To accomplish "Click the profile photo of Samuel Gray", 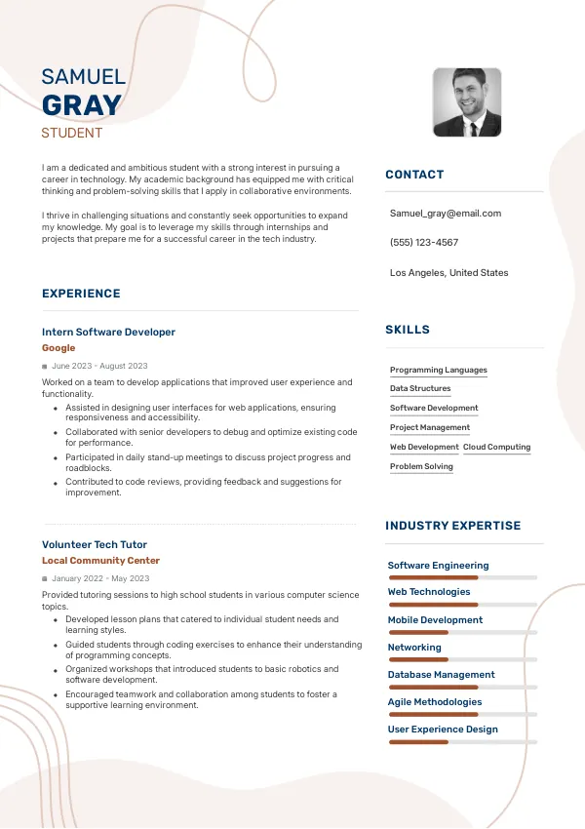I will click(467, 102).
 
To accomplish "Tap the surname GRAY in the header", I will click(82, 105).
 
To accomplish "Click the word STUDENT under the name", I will click(71, 133).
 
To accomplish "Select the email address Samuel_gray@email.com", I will click(445, 213).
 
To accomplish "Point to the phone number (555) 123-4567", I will click(423, 242).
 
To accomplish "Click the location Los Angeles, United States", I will click(448, 273).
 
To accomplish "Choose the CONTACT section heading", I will click(414, 175).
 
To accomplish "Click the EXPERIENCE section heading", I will click(81, 294).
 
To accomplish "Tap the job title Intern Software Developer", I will click(108, 332).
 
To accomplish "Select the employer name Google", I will click(58, 347).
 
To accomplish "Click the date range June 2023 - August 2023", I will click(99, 366).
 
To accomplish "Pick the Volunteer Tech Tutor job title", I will click(95, 544).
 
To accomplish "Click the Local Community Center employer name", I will click(100, 561).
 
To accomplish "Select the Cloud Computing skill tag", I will click(496, 447).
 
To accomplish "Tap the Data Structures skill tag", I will click(420, 388).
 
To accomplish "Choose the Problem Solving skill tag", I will click(421, 466).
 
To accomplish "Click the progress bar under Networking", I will click(462, 660).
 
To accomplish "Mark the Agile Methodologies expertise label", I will click(434, 701).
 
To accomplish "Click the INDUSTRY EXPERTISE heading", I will click(452, 526).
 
